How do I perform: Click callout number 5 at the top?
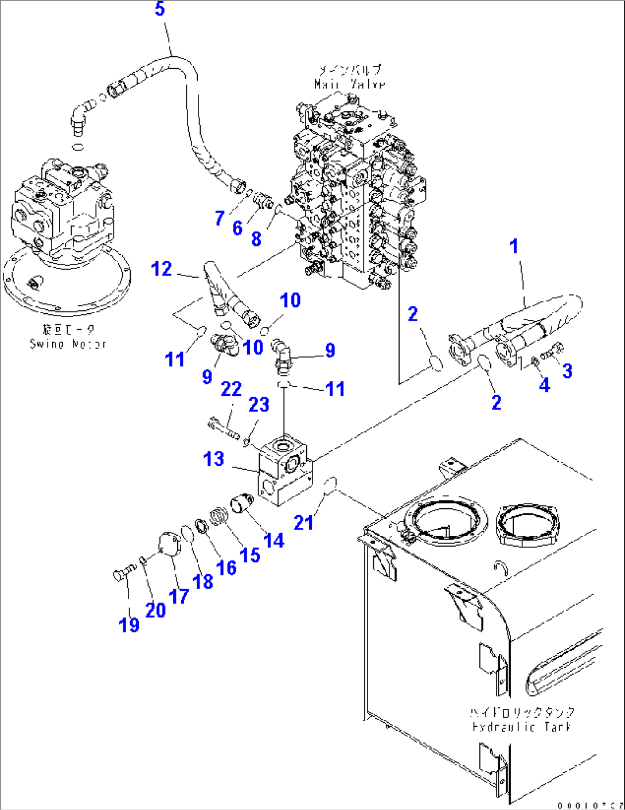(x=160, y=9)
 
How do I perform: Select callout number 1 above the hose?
(x=514, y=246)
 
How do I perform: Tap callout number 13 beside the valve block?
(x=213, y=459)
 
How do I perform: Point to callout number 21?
(x=303, y=522)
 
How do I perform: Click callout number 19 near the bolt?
(x=129, y=624)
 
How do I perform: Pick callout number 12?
(x=161, y=268)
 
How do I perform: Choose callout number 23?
(x=259, y=404)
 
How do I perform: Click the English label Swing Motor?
(x=68, y=344)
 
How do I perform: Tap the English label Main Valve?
(x=349, y=84)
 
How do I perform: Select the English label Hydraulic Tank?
(x=521, y=727)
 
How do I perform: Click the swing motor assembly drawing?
(x=63, y=218)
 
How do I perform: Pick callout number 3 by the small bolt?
(x=567, y=371)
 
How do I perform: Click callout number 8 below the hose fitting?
(x=256, y=239)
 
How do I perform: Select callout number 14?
(x=274, y=540)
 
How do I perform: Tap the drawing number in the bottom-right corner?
(x=591, y=805)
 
